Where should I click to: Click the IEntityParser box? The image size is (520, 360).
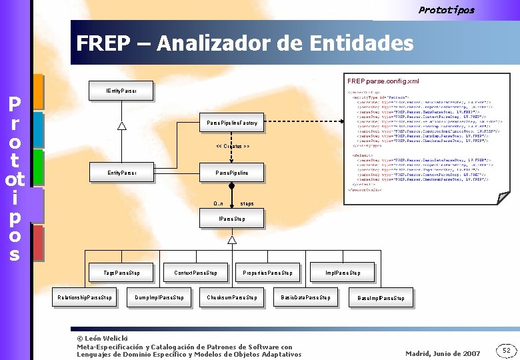point(121,90)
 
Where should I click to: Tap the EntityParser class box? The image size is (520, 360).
point(122,173)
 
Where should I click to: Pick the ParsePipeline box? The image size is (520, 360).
point(232,173)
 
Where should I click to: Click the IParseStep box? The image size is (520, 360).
point(232,219)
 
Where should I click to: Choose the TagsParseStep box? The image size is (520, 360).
point(122,272)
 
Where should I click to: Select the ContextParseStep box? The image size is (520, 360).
point(195,272)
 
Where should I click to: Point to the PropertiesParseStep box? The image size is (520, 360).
point(269,272)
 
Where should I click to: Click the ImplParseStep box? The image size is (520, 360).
point(343,272)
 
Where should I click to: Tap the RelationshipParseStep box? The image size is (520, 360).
point(85,297)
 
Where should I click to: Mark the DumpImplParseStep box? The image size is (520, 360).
point(159,297)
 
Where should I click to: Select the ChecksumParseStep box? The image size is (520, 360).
point(232,297)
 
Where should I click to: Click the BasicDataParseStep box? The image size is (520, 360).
point(305,297)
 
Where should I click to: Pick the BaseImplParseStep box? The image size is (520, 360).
point(381,298)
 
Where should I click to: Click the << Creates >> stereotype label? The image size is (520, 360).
point(233,147)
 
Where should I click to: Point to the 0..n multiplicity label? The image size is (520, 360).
point(218,203)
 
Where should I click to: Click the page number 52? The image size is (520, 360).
point(506,350)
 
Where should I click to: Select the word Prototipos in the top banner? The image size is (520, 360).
point(446,9)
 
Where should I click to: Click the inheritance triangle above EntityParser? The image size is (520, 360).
point(122,126)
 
